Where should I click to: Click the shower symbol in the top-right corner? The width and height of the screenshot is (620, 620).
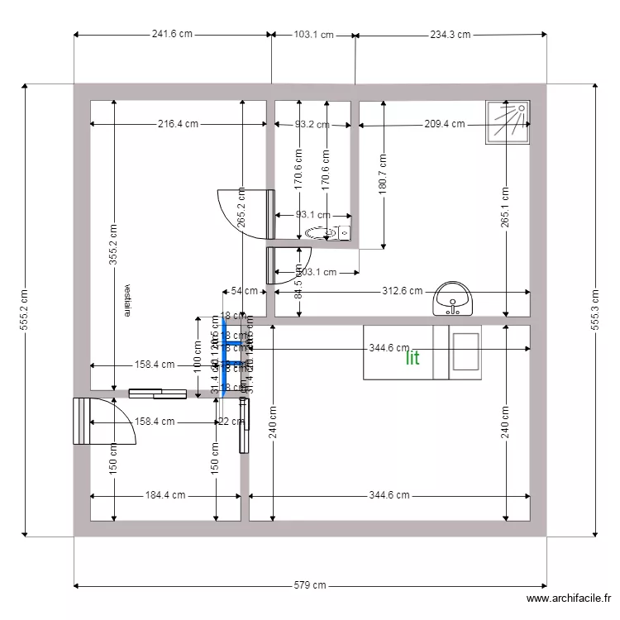508,122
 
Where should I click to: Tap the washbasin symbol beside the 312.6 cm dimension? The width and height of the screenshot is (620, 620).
452,298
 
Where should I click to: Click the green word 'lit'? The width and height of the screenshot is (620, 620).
413,358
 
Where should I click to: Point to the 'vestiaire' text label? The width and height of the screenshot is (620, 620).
127,302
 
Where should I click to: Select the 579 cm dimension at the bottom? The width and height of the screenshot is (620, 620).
310,585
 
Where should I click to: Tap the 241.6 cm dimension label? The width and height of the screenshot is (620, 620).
172,35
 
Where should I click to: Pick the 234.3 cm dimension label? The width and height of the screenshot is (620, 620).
450,35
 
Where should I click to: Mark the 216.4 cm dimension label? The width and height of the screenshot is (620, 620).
178,124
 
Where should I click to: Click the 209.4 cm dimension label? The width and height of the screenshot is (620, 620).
443,124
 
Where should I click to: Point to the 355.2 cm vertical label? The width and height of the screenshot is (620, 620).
113,245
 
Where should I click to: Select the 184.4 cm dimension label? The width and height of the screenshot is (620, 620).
165,496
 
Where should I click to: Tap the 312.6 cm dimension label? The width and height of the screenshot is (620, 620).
402,291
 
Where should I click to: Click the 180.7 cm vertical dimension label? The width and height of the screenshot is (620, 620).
382,174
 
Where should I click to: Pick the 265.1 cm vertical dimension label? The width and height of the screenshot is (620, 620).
504,208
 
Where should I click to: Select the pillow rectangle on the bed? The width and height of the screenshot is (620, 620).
465,352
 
